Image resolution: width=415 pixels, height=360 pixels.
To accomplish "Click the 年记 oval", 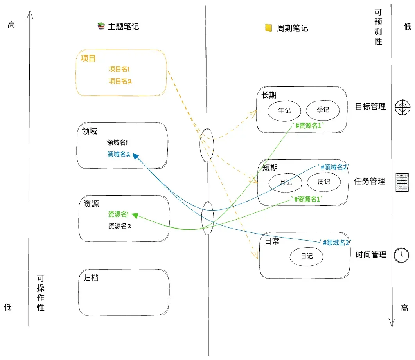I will click(x=284, y=110).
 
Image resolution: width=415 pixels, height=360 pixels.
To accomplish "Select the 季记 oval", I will click(x=323, y=110).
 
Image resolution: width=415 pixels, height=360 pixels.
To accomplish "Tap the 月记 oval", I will click(x=286, y=182).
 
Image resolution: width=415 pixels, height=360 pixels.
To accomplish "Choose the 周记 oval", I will click(x=324, y=182).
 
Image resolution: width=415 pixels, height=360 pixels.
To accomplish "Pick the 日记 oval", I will click(x=307, y=256).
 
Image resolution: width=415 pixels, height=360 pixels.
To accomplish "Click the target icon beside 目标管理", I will click(x=402, y=107).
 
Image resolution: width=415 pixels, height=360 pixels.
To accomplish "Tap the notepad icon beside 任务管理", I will click(x=402, y=182).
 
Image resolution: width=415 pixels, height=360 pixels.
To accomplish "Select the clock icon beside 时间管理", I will click(x=401, y=255).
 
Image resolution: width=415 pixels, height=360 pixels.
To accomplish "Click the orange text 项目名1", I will click(x=119, y=69).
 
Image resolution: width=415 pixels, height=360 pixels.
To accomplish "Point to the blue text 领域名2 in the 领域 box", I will click(x=119, y=155).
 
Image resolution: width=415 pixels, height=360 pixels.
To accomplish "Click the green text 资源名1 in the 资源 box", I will click(x=119, y=214).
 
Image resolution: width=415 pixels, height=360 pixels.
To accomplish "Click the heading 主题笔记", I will click(x=123, y=27).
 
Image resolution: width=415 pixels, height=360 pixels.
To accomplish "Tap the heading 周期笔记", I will click(x=292, y=28).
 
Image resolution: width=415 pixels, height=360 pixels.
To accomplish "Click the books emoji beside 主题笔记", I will click(x=101, y=27).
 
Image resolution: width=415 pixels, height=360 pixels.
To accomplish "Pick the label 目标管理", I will click(x=370, y=106).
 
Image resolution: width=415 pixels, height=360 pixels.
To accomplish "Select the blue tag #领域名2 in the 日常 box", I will click(x=335, y=243).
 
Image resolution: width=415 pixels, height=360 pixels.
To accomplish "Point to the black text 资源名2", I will click(x=119, y=226).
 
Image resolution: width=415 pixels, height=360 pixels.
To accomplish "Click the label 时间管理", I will click(x=371, y=255).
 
